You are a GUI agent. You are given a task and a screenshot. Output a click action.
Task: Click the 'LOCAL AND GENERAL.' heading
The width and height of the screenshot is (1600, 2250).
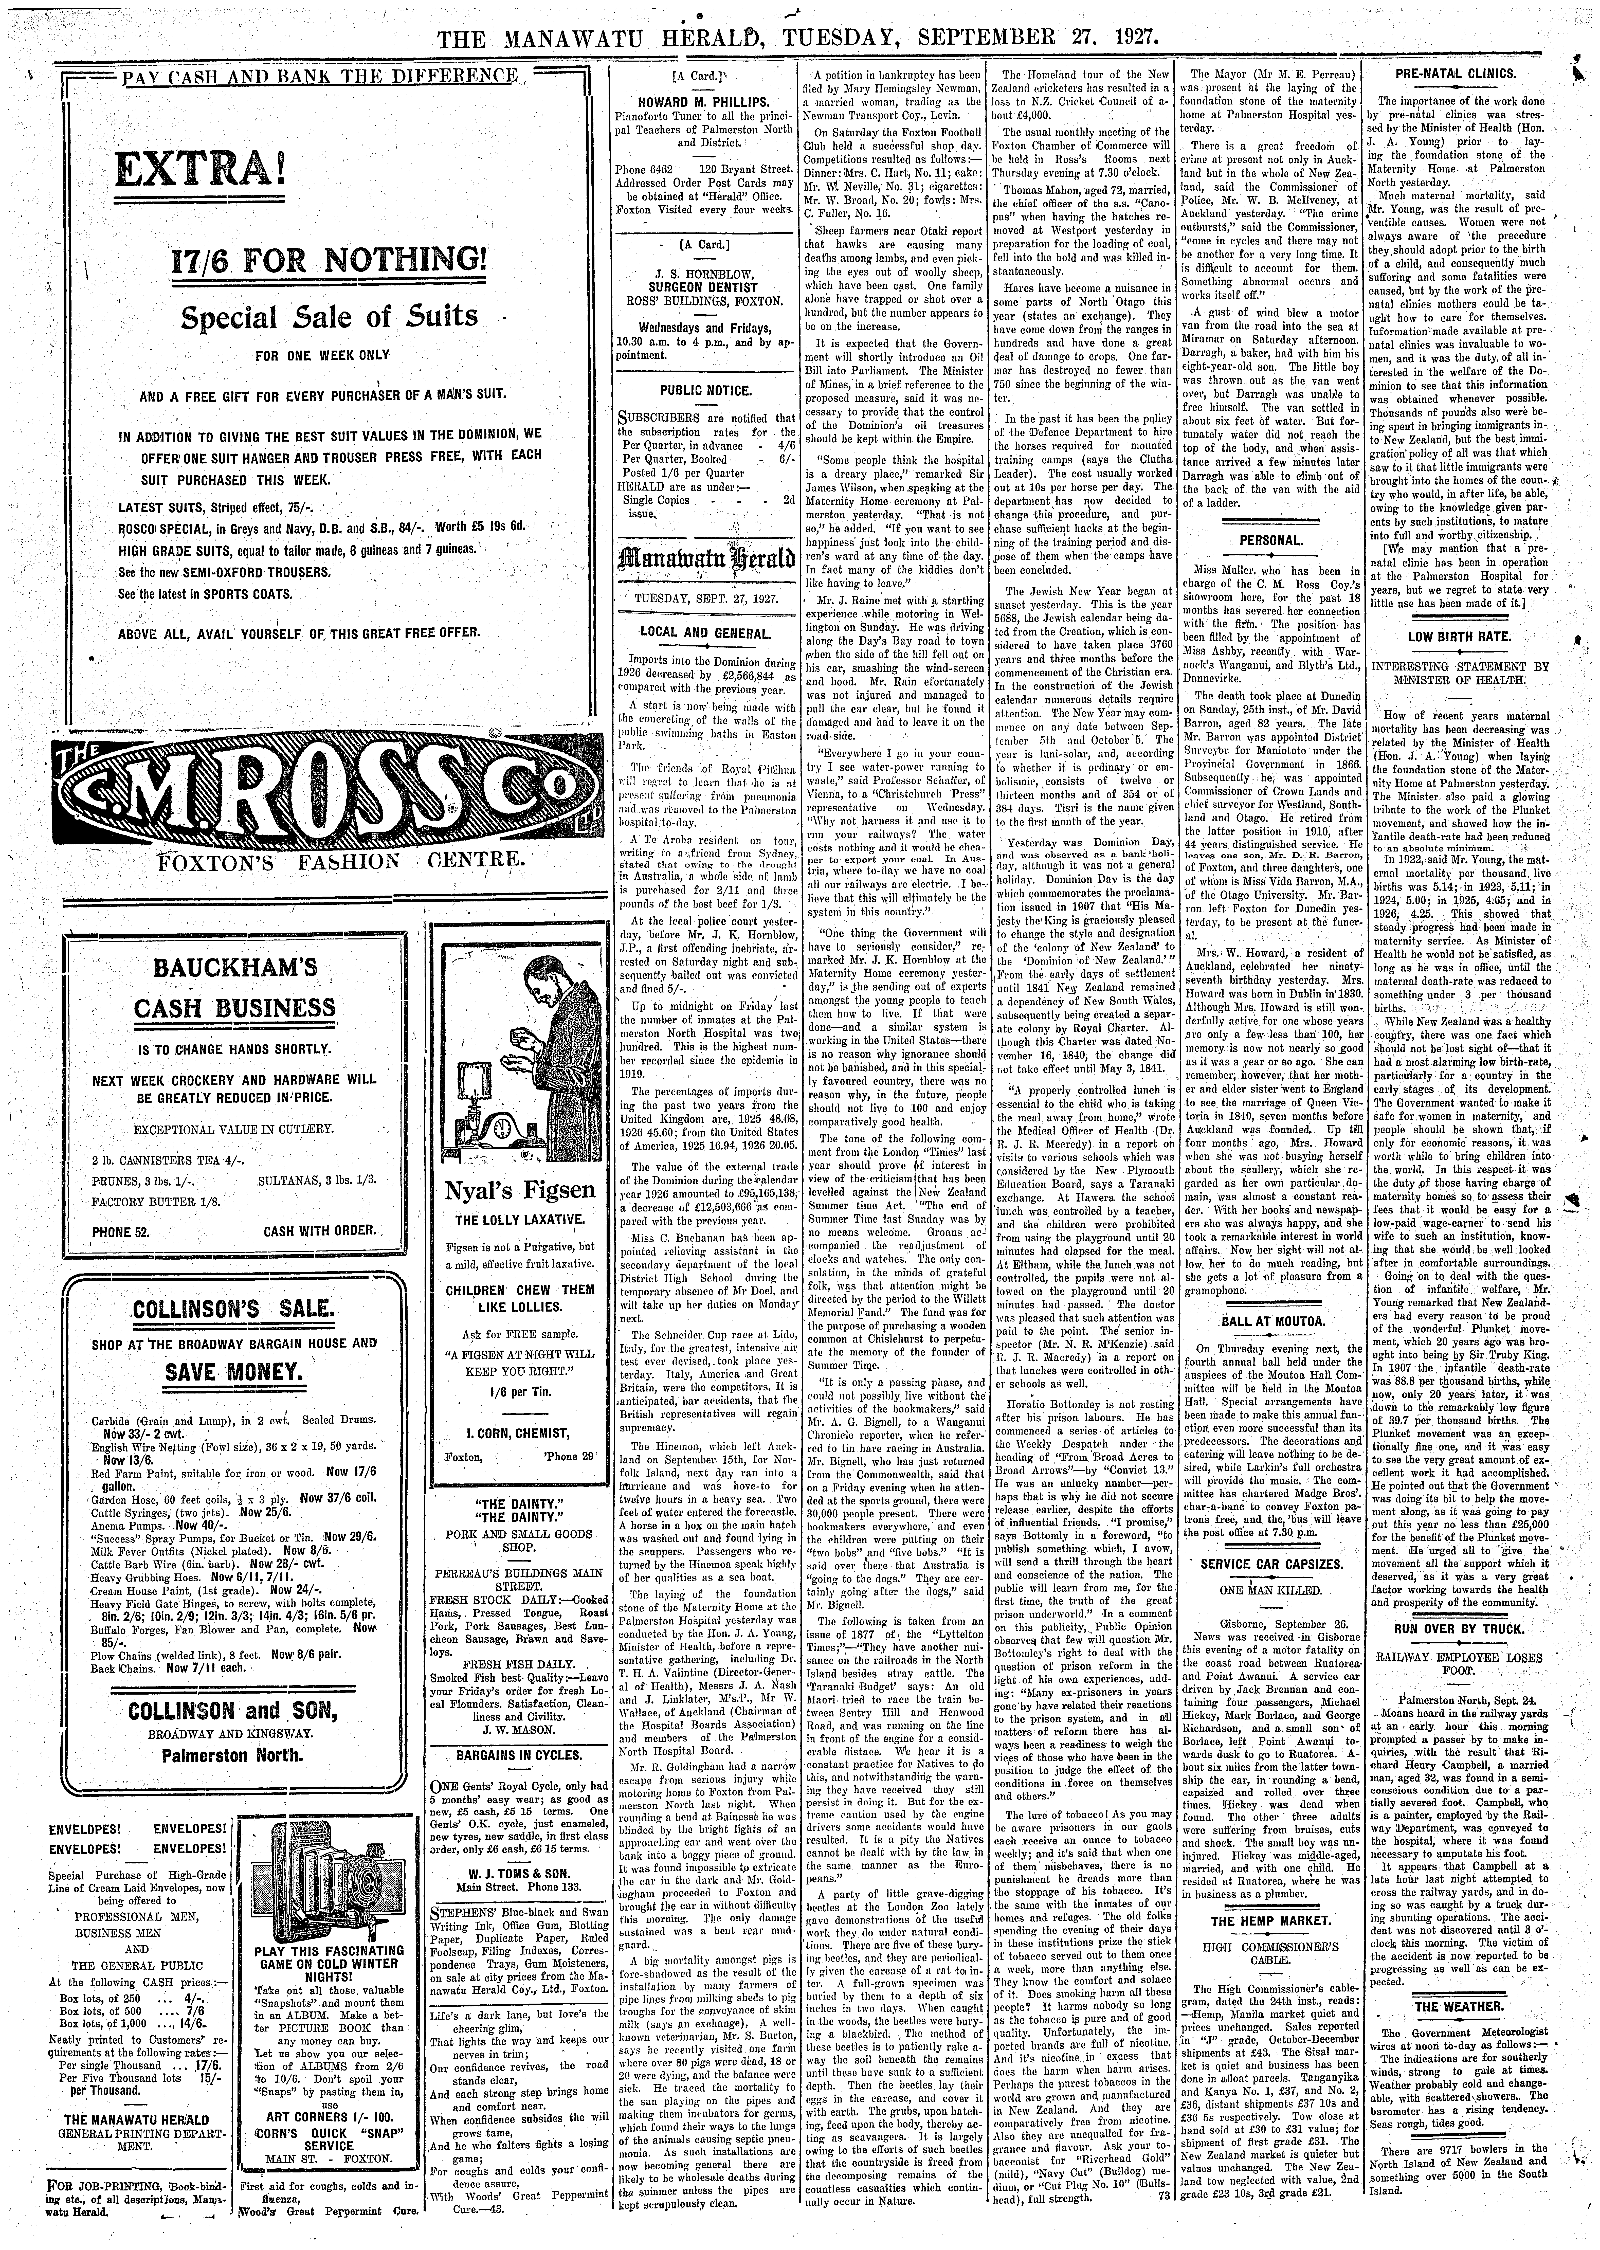[705, 632]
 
